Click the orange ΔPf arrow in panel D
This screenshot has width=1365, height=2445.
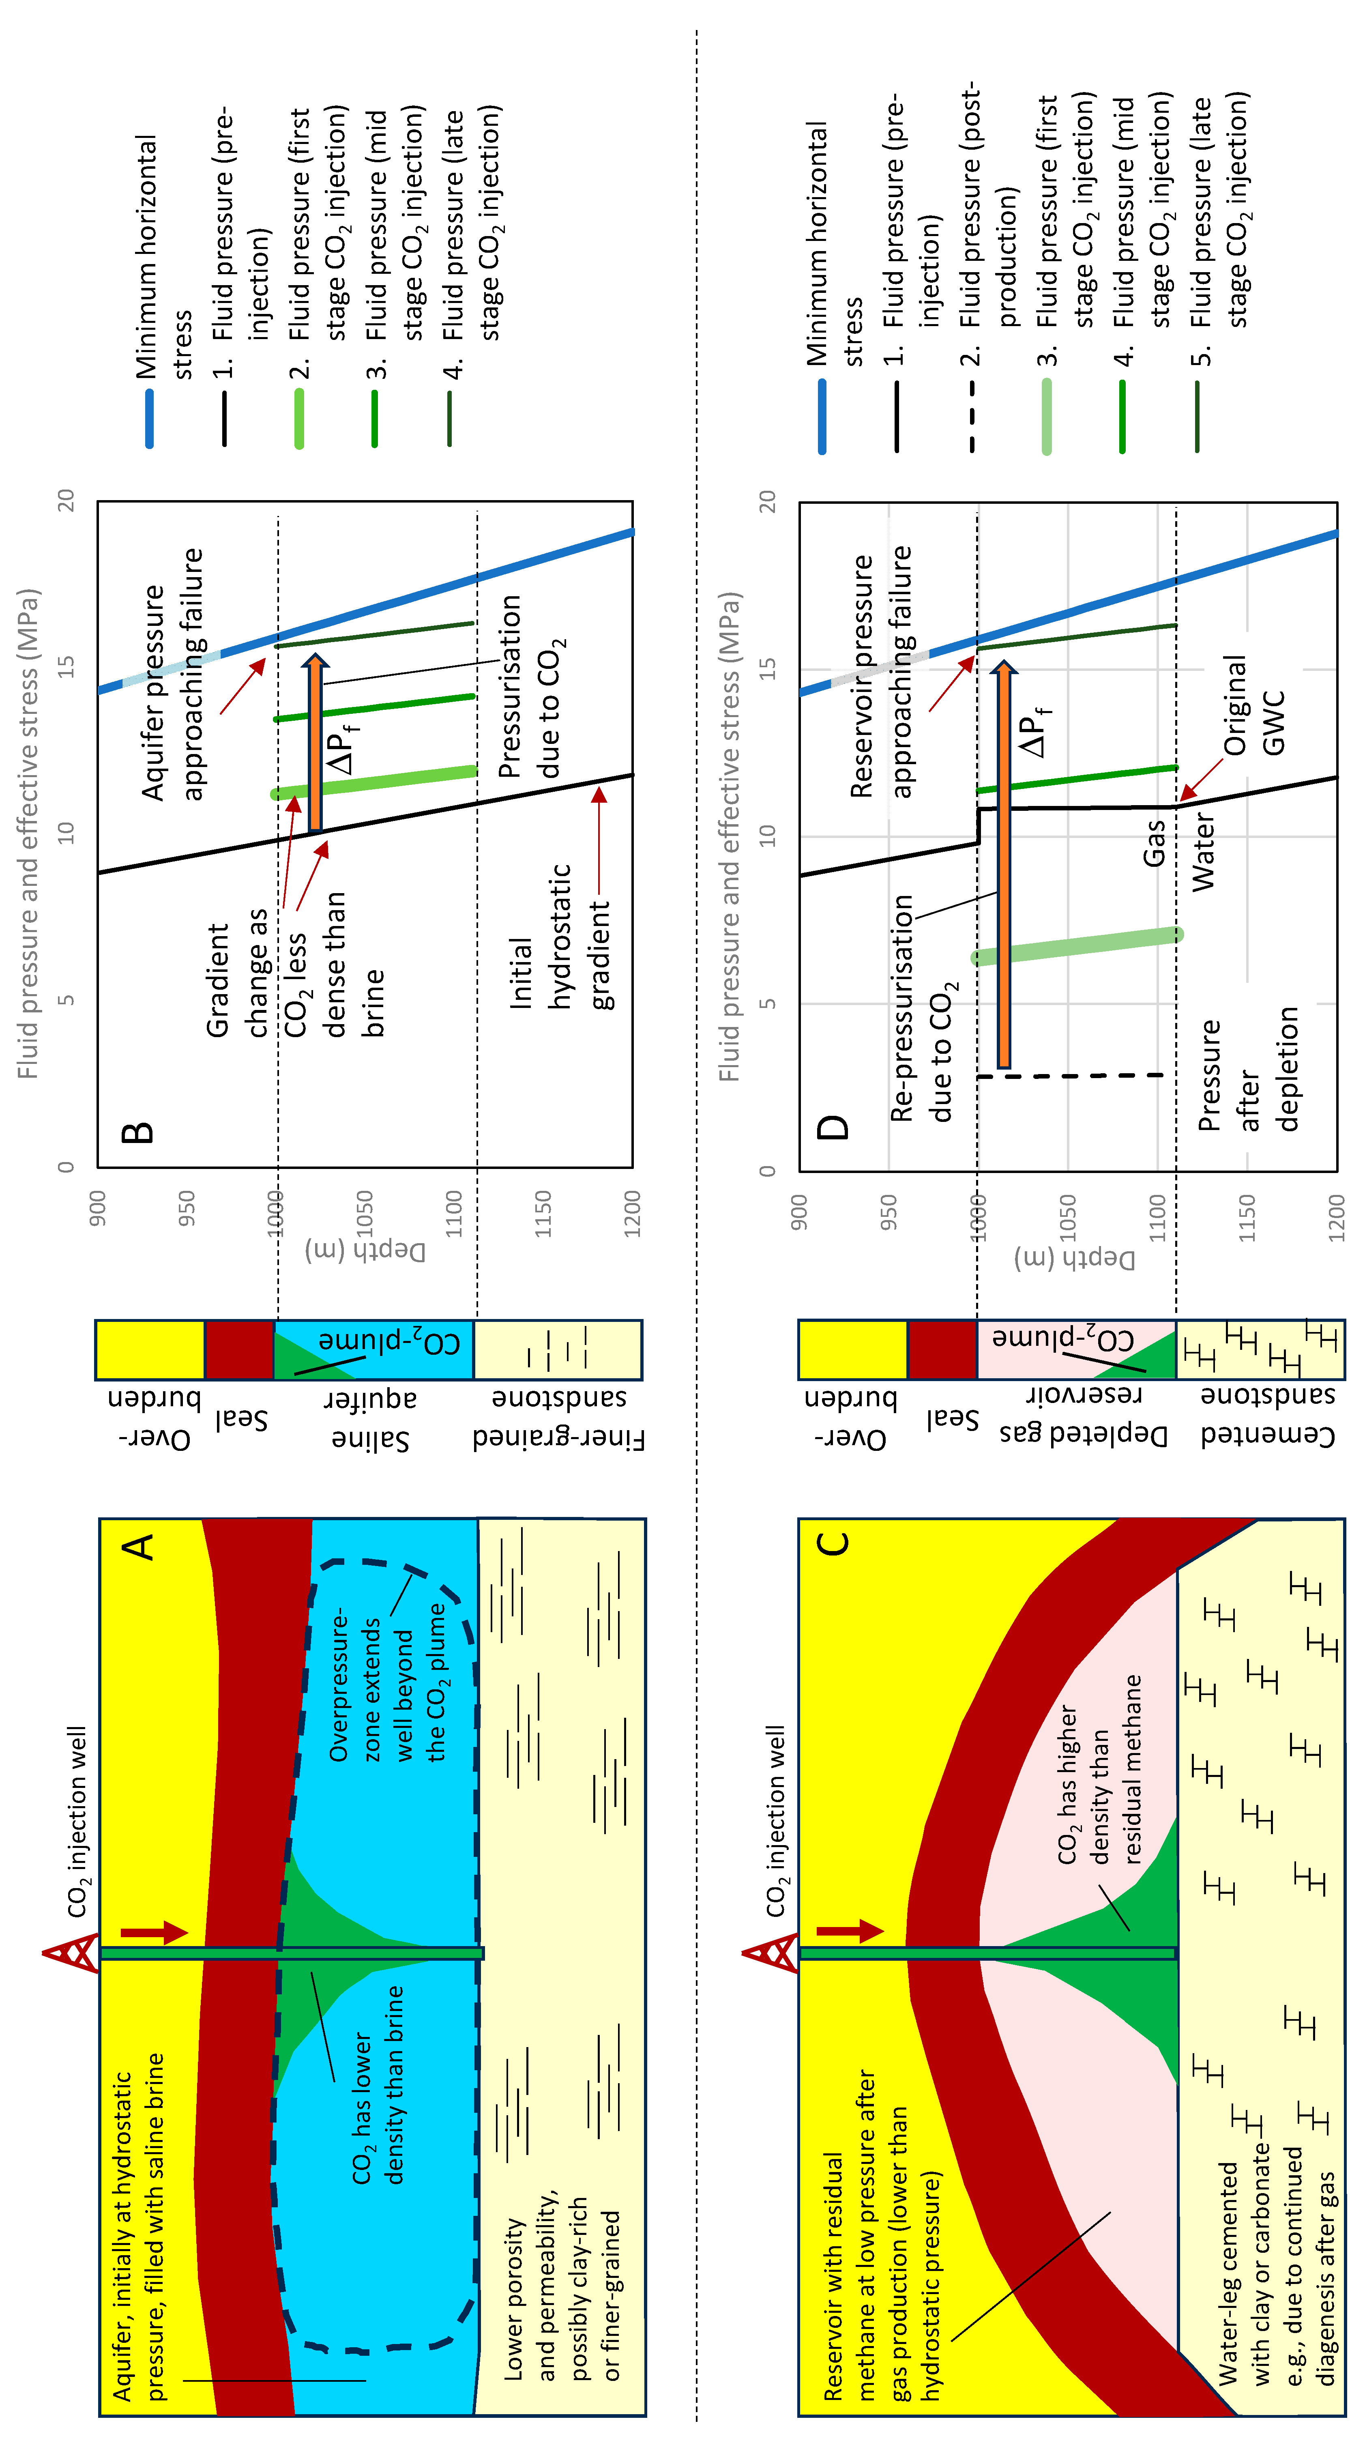pos(1003,864)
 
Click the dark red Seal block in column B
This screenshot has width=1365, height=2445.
pos(239,1350)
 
